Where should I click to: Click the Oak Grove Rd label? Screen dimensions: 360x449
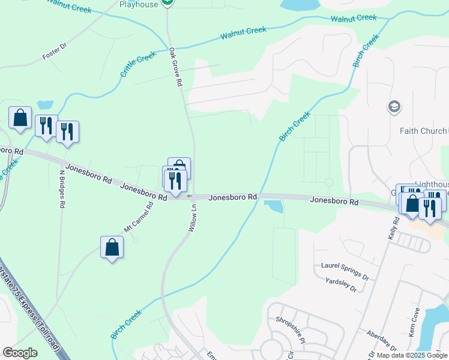[x=175, y=67]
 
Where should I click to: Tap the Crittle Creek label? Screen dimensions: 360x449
[x=138, y=64]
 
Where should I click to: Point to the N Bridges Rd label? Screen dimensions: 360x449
[x=62, y=188]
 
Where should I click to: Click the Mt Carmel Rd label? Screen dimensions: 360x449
[x=139, y=217]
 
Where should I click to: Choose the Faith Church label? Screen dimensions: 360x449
[x=423, y=131]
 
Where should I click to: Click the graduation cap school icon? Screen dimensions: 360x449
[x=394, y=107]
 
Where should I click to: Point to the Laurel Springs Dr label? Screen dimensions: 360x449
[x=345, y=271]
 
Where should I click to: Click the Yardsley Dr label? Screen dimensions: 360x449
[x=340, y=285]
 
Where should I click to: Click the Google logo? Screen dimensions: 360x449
[x=20, y=353]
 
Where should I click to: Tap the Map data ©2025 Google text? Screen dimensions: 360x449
[x=412, y=355]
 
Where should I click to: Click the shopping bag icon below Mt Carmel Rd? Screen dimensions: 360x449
[x=112, y=247]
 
